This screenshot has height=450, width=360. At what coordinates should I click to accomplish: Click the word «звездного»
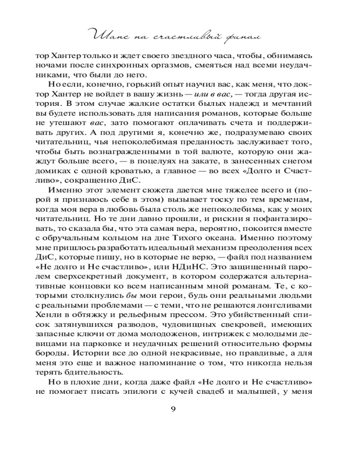[175, 58]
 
